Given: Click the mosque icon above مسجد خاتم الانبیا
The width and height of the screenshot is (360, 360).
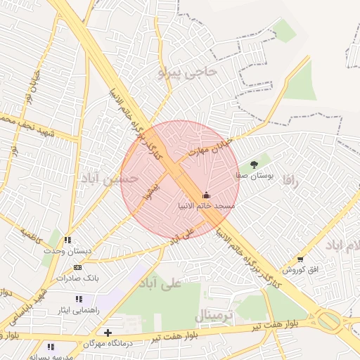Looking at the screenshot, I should (206, 195).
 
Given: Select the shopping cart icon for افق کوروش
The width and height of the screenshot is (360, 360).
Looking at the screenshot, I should (301, 259).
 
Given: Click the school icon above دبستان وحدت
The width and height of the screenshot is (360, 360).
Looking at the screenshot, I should (67, 240).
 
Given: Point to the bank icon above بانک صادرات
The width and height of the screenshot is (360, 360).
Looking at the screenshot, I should (77, 267).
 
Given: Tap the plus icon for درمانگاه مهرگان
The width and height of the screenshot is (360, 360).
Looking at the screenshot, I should (107, 333).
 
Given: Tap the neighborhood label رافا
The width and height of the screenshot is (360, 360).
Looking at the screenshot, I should (291, 181).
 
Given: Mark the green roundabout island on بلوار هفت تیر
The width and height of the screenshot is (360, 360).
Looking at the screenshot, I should (328, 322).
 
